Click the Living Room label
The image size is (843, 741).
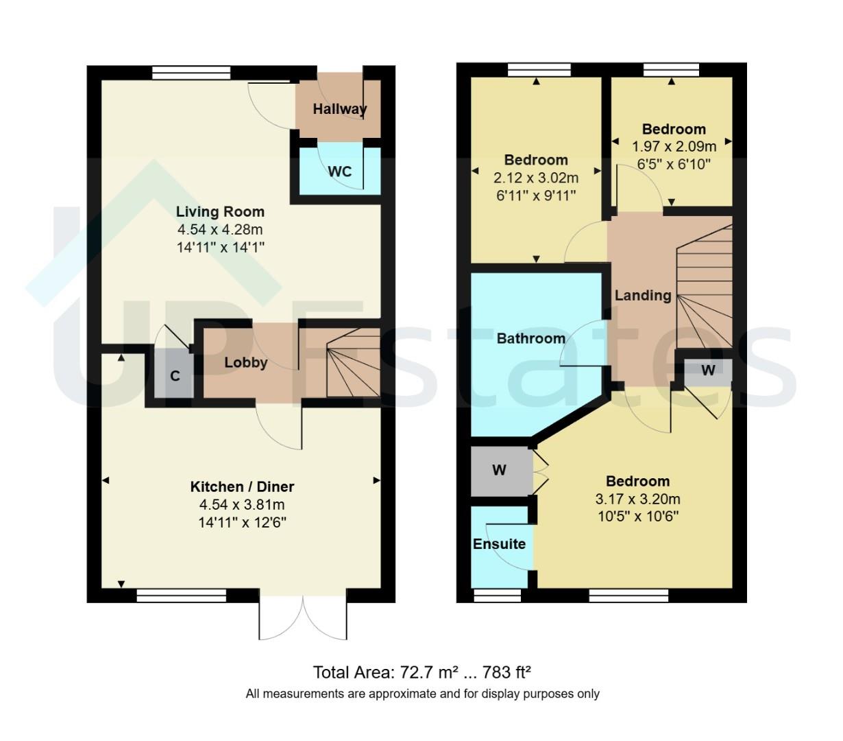(220, 211)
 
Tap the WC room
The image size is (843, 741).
(339, 171)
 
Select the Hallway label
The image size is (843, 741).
(339, 108)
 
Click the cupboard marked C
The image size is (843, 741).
(175, 375)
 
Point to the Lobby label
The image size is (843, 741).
(246, 363)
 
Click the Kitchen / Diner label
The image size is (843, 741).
(242, 486)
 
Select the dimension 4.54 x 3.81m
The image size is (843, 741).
(242, 505)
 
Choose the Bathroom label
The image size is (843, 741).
(530, 338)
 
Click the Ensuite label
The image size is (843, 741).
(499, 544)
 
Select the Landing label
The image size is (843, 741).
(642, 296)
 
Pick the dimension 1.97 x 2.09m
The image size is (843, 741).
(674, 146)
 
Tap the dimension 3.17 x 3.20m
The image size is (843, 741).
(637, 499)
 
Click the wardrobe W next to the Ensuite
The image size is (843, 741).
(500, 470)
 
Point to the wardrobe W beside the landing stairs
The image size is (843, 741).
(708, 370)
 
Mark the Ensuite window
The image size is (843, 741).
(498, 596)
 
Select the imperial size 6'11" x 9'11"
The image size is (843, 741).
(536, 196)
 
